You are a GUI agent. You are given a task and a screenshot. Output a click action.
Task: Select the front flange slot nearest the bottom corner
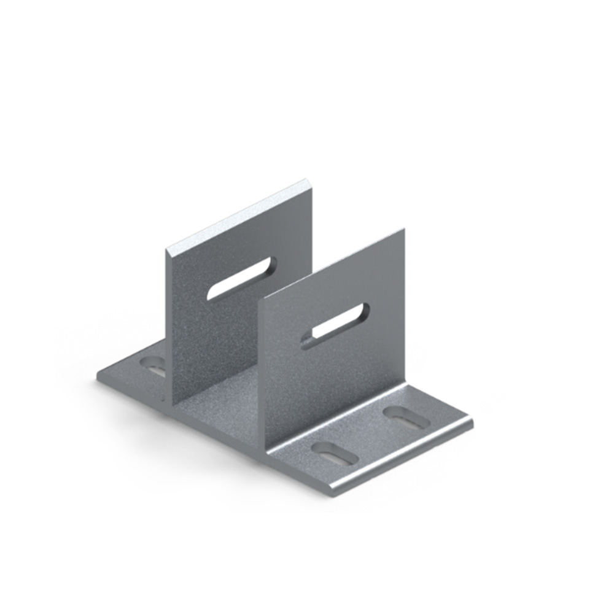click(334, 453)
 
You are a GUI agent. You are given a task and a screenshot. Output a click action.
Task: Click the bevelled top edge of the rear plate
click(239, 215)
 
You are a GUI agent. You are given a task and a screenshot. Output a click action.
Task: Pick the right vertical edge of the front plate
click(403, 307)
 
